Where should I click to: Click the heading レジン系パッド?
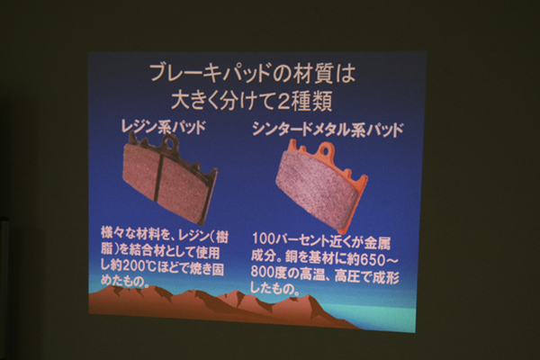click(x=163, y=127)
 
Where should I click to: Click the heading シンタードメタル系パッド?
click(x=328, y=130)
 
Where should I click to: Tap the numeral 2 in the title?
click(x=284, y=102)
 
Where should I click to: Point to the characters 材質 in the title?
click(x=311, y=74)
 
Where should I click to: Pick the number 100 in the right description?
click(x=264, y=238)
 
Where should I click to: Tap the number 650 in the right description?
click(x=372, y=259)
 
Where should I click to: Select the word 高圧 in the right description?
click(x=347, y=275)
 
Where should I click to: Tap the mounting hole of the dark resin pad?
click(x=170, y=141)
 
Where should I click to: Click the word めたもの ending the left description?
click(x=122, y=281)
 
